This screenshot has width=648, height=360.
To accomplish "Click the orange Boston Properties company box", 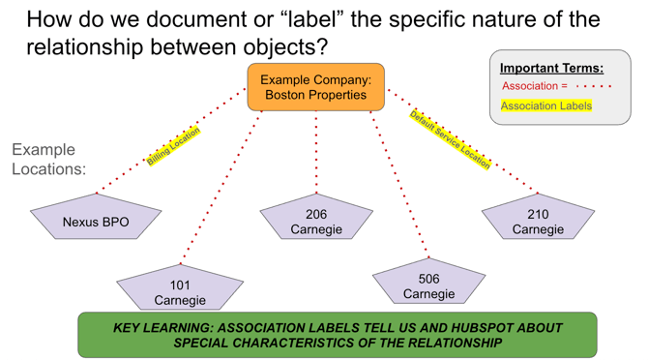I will pos(315,87).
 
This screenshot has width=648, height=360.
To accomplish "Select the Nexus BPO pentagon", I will pos(96,220).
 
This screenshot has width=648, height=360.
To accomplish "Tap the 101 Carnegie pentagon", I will pos(180,290).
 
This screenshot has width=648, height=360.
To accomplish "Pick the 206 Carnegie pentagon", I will pos(315,221).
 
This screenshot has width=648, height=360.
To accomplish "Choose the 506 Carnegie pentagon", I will pos(428,285).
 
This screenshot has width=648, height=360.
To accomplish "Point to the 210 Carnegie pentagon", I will pos(538,221).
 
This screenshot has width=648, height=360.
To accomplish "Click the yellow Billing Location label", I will pos(173,146).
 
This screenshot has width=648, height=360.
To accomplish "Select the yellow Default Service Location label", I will pos(450,139).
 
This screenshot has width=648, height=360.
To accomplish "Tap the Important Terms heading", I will pos(551,68).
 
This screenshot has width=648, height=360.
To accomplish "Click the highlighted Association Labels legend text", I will pos(545,105).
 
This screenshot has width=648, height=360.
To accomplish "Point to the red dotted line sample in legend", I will pos(594,86).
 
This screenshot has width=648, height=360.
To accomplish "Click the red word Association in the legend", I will pos(528,86).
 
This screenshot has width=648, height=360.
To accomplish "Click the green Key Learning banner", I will pos(338,335).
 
